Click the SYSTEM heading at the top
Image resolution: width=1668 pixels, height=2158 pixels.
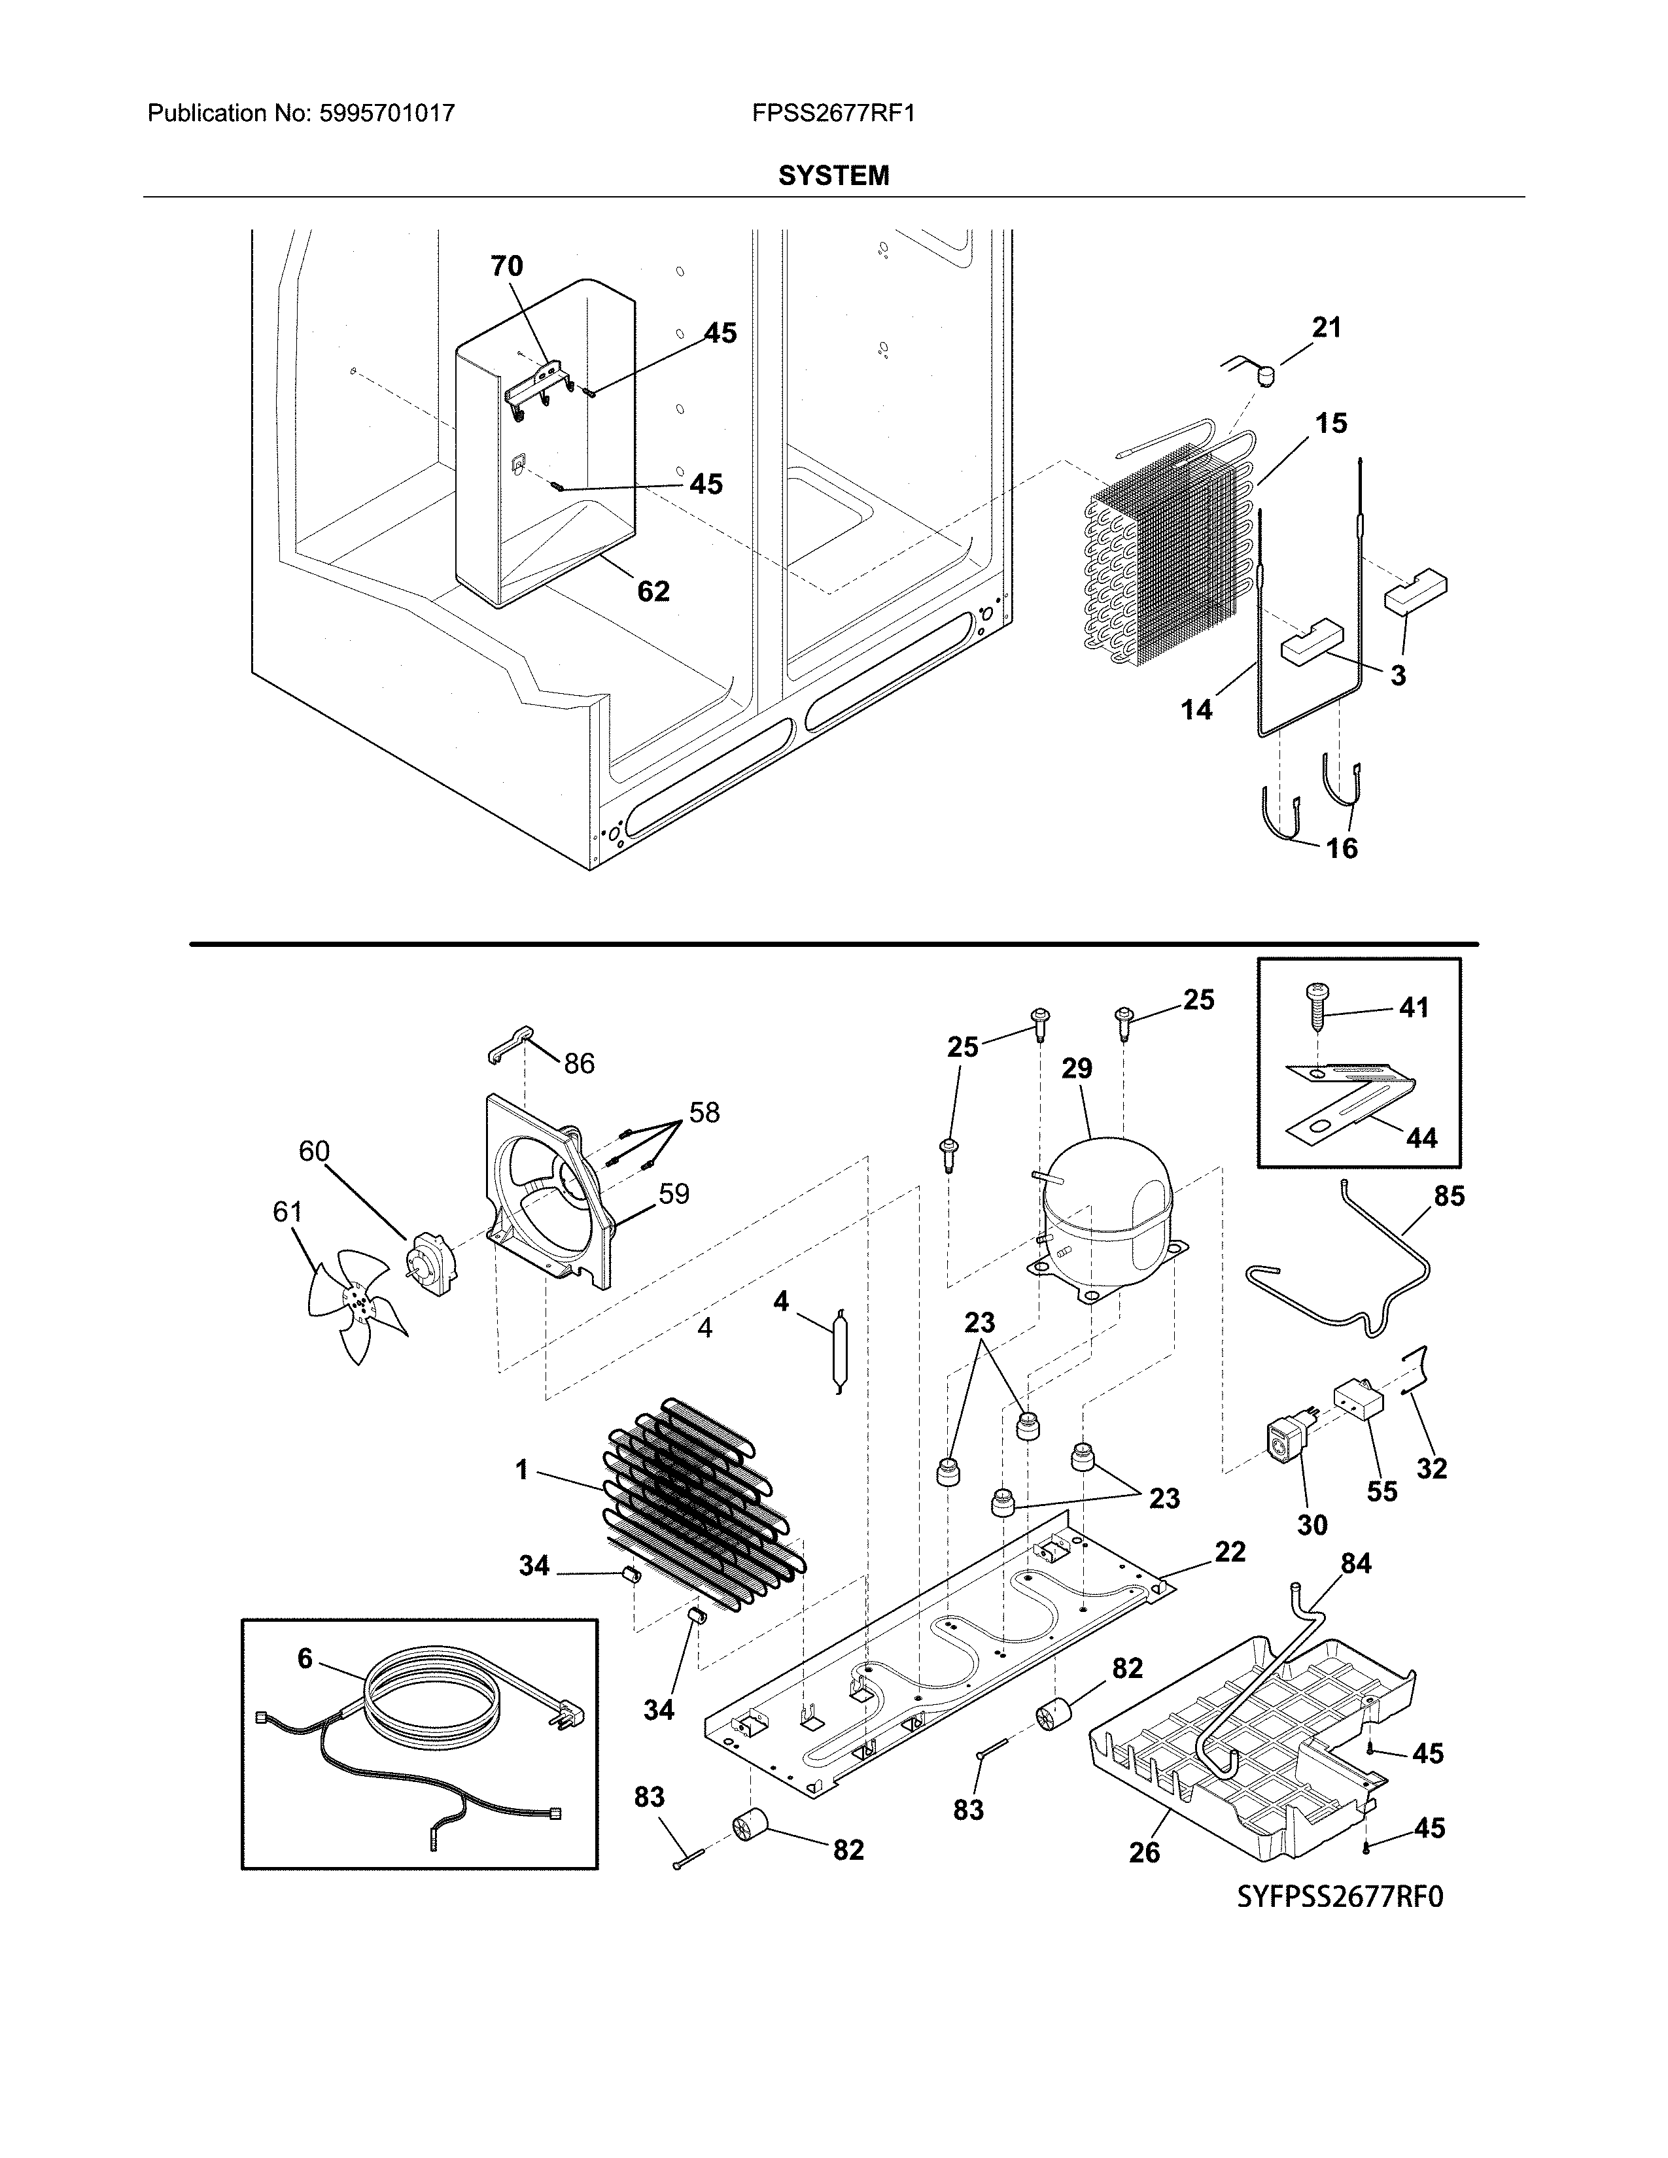(x=833, y=176)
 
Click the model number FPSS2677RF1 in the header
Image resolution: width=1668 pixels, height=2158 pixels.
(x=833, y=114)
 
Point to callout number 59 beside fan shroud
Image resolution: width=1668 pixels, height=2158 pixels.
(x=674, y=1193)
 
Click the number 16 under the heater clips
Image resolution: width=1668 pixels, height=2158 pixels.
(x=1341, y=848)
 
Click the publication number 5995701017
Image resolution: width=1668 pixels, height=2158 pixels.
(x=387, y=114)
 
